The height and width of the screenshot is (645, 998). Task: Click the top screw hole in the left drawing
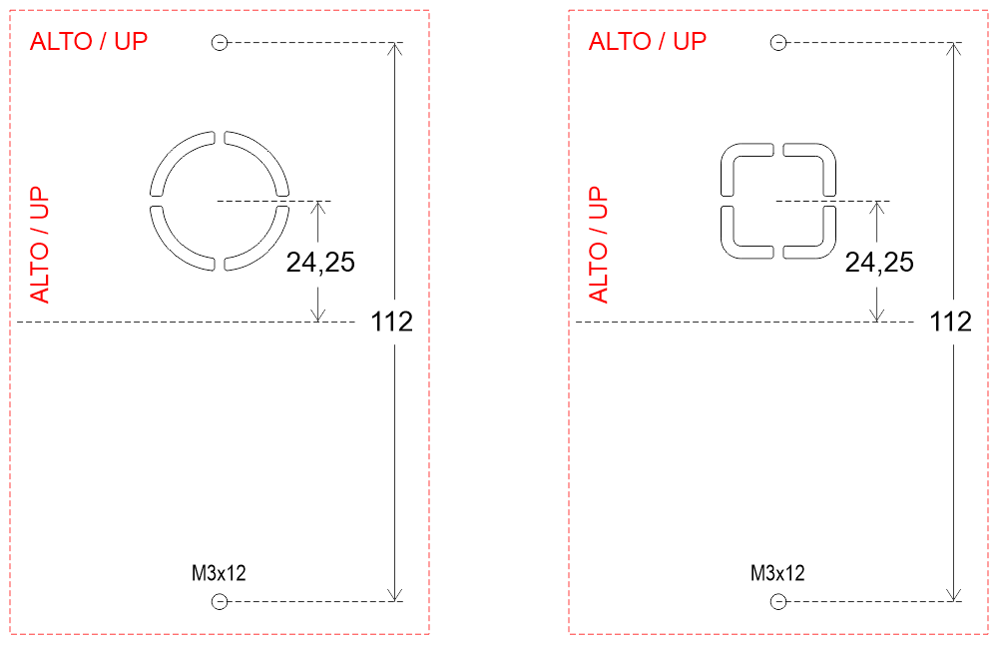[219, 43]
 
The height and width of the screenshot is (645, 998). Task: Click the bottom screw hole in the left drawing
[219, 602]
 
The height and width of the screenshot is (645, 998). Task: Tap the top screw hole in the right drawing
[777, 43]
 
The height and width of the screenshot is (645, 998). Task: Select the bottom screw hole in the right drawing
[777, 602]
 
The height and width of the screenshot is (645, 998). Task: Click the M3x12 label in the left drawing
[219, 573]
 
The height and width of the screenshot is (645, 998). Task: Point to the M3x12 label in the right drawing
[777, 573]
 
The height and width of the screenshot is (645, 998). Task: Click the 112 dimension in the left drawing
[391, 322]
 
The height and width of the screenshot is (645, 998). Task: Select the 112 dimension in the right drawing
[950, 322]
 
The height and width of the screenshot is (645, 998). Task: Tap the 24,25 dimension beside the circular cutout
[320, 263]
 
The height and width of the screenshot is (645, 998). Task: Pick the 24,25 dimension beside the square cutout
[879, 263]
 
